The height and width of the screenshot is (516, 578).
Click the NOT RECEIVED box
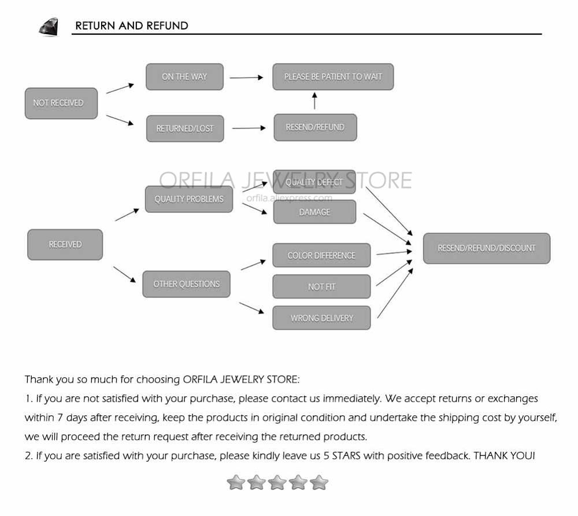point(61,104)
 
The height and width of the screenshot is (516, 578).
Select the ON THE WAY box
point(185,77)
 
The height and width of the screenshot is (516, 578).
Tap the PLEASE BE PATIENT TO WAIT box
point(334,77)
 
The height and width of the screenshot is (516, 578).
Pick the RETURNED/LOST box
point(185,128)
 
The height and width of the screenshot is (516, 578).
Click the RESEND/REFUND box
point(315,127)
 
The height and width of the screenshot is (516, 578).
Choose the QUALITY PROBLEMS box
point(189,199)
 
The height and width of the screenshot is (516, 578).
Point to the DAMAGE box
point(315,212)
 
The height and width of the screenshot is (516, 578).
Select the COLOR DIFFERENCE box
point(321,255)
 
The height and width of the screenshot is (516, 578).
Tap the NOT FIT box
point(321,286)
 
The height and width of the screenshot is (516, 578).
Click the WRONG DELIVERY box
point(321,318)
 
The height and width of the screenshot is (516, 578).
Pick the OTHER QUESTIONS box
point(187,284)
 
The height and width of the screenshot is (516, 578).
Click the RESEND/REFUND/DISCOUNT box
point(487,248)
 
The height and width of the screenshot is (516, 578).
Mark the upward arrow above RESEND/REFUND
point(314,101)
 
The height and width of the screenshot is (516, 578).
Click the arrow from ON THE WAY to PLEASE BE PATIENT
point(247,78)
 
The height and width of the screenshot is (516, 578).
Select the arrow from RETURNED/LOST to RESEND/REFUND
point(249,128)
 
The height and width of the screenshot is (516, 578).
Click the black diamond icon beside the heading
point(49,27)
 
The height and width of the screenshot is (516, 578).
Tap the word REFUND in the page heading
point(168,26)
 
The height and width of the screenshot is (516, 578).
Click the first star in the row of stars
point(236,482)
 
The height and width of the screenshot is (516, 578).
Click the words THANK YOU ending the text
point(504,456)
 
